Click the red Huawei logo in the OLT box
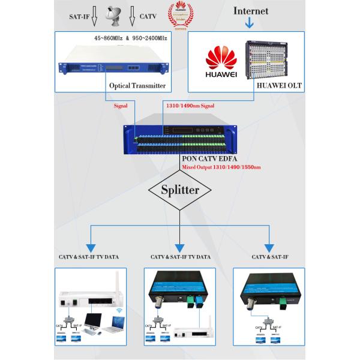pyautogui.click(x=221, y=61)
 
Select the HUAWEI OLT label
pyautogui.click(x=279, y=86)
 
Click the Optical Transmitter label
pyautogui.click(x=137, y=86)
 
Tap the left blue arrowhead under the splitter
pyautogui.click(x=91, y=247)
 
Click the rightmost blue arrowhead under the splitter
pyautogui.click(x=269, y=247)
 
